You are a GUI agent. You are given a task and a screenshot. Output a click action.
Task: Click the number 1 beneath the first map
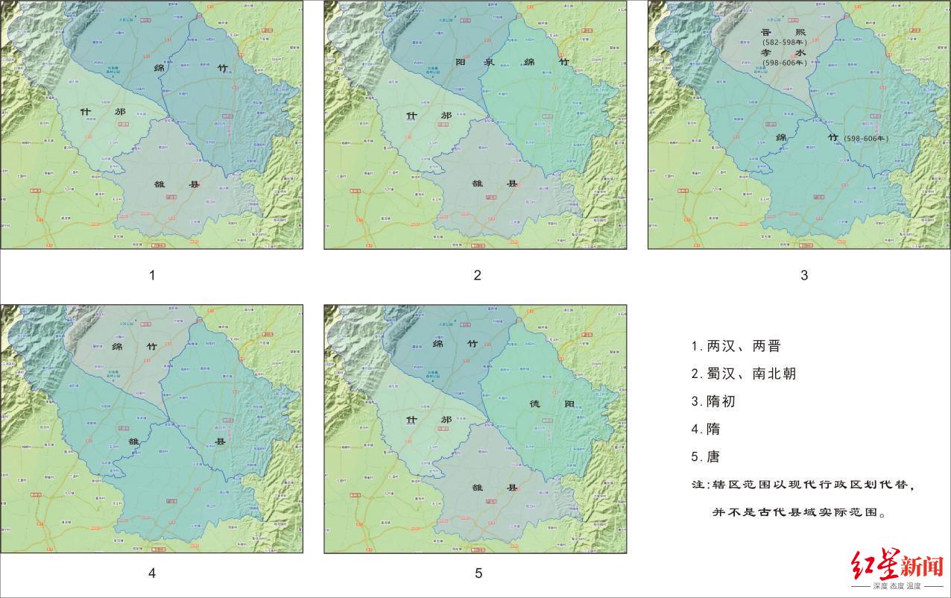152,275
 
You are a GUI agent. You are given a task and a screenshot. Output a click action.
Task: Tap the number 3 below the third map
804,275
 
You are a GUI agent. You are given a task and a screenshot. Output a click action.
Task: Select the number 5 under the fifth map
478,573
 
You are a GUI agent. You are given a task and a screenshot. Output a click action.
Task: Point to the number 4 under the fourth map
152,573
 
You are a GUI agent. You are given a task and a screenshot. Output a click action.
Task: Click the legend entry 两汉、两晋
736,346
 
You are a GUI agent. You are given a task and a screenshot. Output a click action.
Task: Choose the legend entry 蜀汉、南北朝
743,374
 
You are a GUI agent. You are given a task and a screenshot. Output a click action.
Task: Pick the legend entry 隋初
713,401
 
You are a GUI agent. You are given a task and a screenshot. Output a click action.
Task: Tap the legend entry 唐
706,456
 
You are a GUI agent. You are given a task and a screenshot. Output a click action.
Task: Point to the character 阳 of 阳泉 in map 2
460,63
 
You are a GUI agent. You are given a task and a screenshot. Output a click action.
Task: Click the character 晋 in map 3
765,32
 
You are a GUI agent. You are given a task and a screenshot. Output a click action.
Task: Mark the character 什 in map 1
86,113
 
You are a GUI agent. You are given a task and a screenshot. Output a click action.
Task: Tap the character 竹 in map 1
222,67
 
